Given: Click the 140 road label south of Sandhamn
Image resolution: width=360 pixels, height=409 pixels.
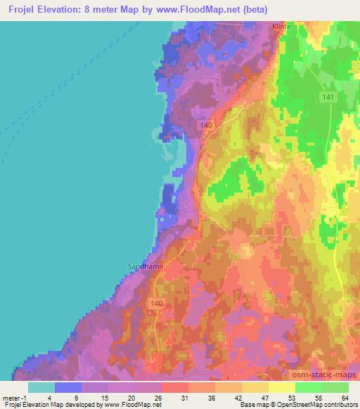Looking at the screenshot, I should point(157,302).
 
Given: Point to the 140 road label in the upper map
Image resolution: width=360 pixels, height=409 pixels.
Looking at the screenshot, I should point(205,125).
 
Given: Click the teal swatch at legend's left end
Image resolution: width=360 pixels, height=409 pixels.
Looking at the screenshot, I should point(41,387).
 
